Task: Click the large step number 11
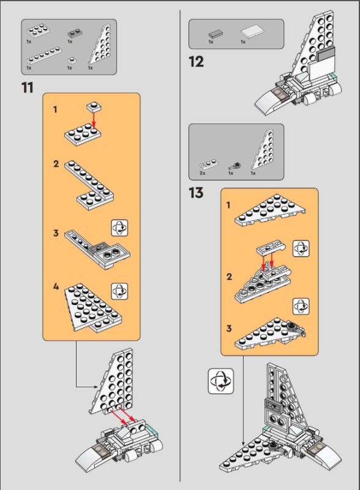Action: tap(27, 88)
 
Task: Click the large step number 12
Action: tap(197, 62)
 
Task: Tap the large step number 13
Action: tap(197, 193)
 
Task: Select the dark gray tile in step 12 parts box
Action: tap(216, 34)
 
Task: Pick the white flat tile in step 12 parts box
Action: tap(252, 32)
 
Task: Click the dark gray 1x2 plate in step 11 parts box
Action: tap(75, 33)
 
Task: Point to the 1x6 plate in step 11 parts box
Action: tap(44, 55)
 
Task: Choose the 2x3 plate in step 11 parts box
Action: tap(38, 31)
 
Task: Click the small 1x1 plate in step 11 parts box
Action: tap(72, 60)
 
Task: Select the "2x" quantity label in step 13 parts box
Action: tap(203, 173)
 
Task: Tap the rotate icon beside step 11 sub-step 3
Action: tap(119, 228)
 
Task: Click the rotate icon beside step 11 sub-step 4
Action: tap(119, 292)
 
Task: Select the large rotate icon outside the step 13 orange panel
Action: tap(221, 381)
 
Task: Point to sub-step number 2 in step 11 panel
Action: tap(56, 164)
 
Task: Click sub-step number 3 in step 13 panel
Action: tap(229, 328)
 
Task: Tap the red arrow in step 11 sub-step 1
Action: tap(94, 120)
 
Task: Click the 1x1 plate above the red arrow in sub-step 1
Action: tap(94, 107)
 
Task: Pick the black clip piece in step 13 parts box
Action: tap(234, 165)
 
